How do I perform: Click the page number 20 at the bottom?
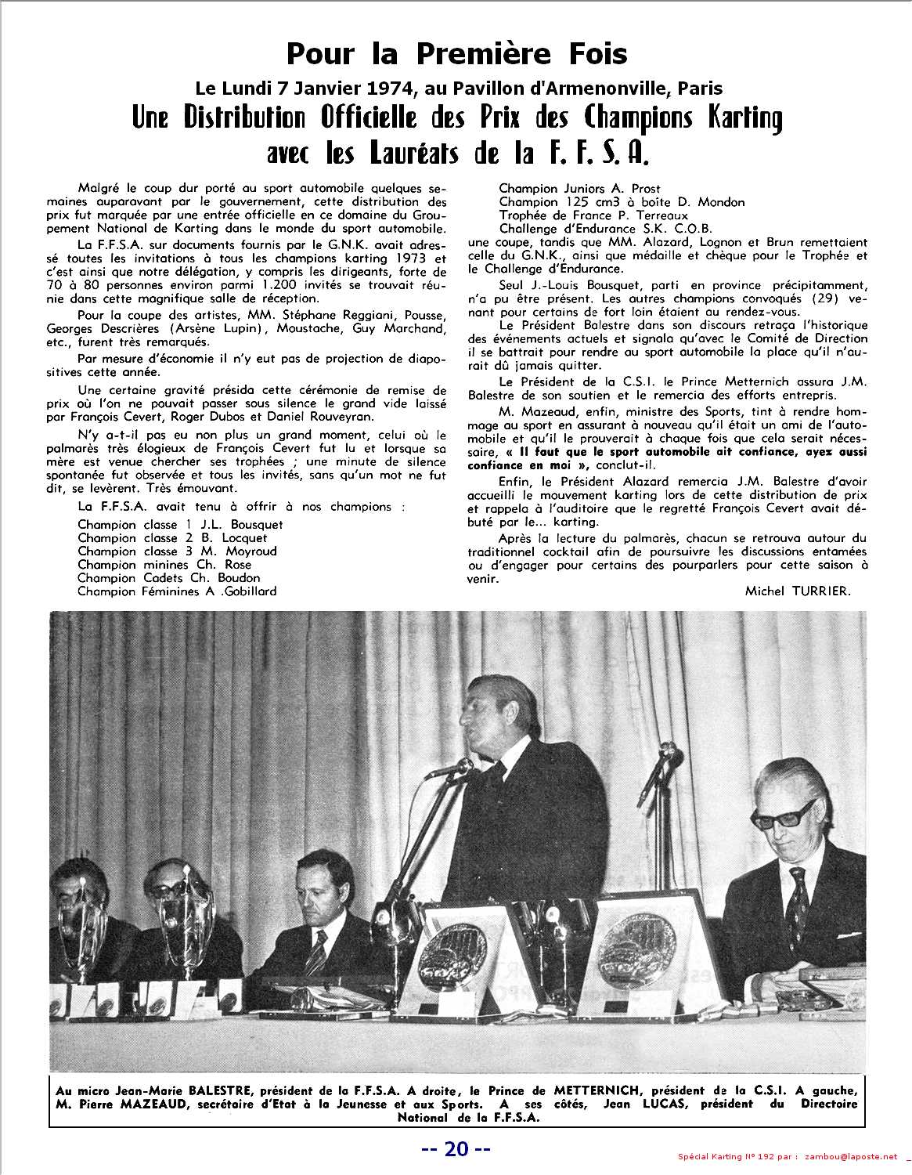456,1149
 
